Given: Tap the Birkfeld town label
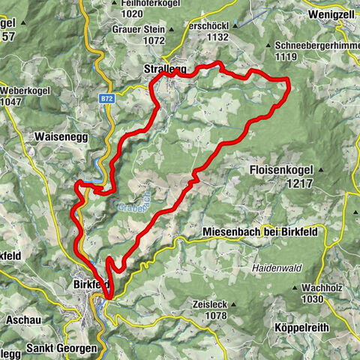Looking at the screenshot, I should click(91, 284).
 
